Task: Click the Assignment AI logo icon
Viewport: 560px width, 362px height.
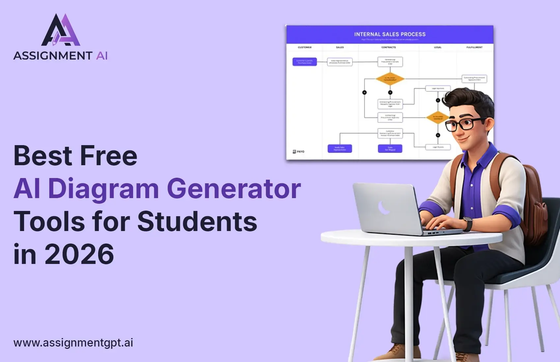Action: [61, 30]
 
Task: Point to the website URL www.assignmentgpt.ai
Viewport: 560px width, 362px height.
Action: [73, 343]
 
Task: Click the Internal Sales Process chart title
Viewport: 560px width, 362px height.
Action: [390, 34]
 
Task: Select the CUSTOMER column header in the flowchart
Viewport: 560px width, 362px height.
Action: [304, 47]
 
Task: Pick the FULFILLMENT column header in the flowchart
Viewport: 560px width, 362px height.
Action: [474, 47]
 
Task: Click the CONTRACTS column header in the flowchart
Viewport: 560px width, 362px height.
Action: [389, 47]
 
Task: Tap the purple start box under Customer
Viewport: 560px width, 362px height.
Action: [305, 62]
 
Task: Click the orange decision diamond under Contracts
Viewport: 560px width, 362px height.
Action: [390, 79]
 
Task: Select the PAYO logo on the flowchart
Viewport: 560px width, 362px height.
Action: [298, 151]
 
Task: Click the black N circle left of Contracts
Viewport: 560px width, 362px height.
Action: [364, 92]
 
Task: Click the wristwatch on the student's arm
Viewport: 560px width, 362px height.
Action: [467, 224]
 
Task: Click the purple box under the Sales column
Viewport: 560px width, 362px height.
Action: [340, 148]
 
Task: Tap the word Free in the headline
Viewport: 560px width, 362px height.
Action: [108, 156]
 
